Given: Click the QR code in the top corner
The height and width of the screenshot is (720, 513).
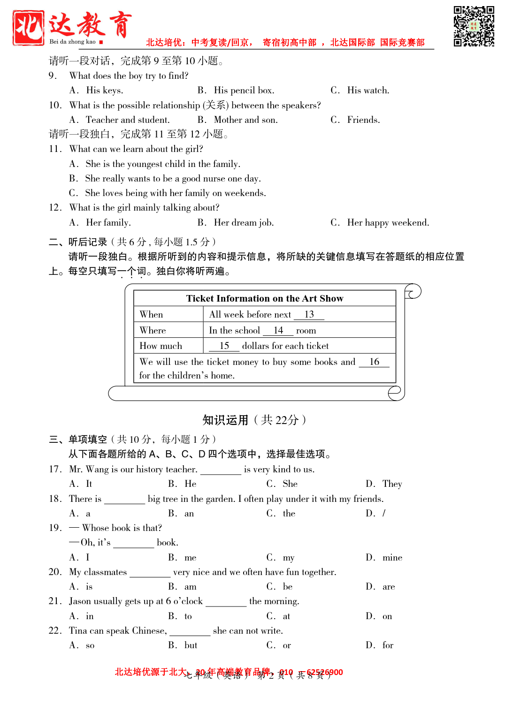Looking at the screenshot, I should tap(474, 26).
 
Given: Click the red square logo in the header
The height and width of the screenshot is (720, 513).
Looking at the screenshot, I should tap(28, 28).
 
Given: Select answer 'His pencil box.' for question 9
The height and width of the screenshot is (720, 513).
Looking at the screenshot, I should tap(244, 91).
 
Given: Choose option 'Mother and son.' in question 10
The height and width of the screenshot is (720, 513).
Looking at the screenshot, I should tap(245, 120).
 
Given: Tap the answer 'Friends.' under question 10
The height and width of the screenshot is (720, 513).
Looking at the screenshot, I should tap(363, 120).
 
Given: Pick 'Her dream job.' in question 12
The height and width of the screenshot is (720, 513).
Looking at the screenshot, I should tap(244, 223).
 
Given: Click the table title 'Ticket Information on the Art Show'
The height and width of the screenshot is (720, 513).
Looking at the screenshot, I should tap(265, 299).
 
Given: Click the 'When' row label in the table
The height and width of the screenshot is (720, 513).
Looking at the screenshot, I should tap(151, 315).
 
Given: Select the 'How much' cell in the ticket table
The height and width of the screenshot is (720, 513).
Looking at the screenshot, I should tap(161, 346).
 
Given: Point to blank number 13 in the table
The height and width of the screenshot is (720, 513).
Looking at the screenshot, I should tap(309, 315).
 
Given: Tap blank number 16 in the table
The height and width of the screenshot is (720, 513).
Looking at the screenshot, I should tap(374, 362).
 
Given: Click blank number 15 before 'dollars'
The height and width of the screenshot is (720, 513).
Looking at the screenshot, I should tap(224, 346).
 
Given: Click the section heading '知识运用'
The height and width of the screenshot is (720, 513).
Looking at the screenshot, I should tap(225, 420).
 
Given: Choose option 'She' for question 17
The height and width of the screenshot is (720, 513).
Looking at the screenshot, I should tap(290, 484).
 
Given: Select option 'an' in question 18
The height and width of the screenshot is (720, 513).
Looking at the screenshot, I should tap(189, 514).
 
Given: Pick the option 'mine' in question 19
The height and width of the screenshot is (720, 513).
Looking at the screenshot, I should tap(392, 558).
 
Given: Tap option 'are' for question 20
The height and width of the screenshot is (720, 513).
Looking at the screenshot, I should tap(388, 587).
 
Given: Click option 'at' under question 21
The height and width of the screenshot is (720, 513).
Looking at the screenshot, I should tap(286, 616).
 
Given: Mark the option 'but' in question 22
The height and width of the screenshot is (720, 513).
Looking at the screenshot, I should tap(191, 645).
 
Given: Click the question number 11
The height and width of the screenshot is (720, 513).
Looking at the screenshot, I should tap(55, 149).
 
